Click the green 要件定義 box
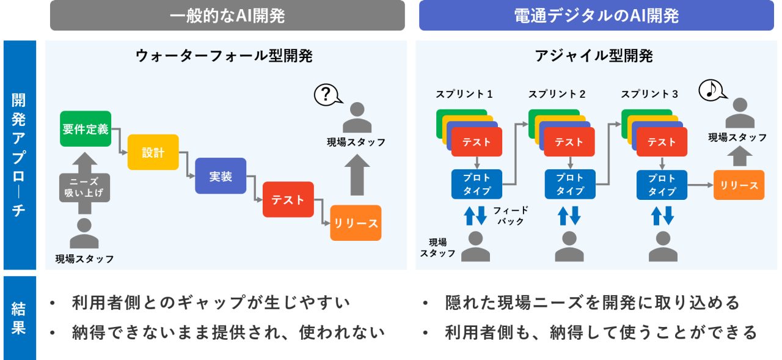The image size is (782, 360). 86,129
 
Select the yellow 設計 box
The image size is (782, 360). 153,152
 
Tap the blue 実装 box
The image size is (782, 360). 221,176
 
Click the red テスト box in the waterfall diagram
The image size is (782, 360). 288,199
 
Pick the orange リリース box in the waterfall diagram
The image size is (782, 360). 356,223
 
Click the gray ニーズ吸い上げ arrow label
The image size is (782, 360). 84,187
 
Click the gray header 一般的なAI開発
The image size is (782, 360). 227,15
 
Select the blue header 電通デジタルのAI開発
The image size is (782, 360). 597,15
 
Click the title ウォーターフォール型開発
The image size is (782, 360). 224,56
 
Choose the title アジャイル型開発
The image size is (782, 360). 593,56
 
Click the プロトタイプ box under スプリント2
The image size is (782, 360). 569,184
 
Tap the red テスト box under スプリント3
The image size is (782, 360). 662,142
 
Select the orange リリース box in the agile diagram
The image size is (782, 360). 739,185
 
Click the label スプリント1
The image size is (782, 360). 464,94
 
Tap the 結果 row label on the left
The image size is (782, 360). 19,318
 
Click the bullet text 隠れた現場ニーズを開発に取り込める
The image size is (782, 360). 592,303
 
